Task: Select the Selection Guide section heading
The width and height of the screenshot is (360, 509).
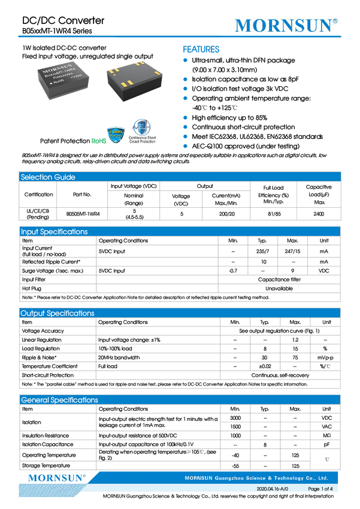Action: tap(48, 177)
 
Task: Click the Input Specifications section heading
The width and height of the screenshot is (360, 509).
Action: tap(54, 232)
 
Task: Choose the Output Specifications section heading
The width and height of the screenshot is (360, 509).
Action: tap(58, 313)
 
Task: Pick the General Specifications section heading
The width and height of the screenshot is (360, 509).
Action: tap(59, 400)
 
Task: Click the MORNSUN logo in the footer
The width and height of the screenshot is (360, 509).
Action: tap(58, 478)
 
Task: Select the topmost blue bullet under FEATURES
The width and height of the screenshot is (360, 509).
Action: tap(185, 60)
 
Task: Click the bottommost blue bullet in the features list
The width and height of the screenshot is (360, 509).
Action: tap(185, 146)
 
